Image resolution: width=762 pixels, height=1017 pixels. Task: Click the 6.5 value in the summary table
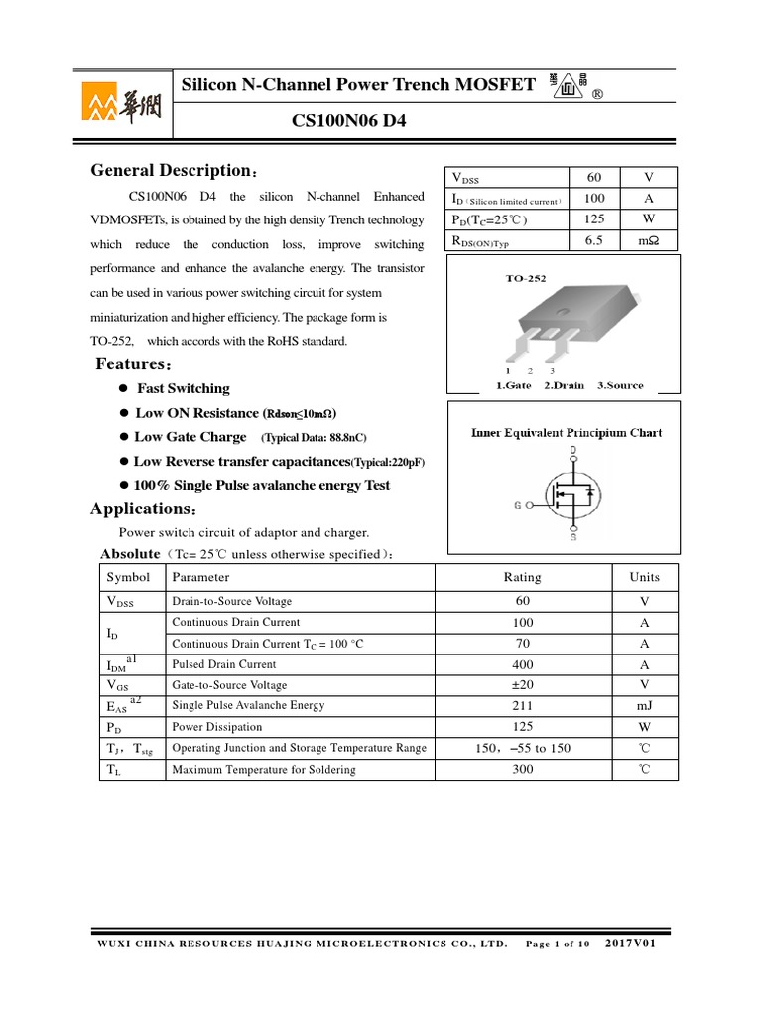click(x=595, y=239)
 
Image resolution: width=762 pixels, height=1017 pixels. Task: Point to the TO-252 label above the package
click(x=526, y=280)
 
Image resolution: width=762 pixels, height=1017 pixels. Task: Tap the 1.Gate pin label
click(x=513, y=385)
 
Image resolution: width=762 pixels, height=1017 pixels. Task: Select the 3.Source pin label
click(x=620, y=385)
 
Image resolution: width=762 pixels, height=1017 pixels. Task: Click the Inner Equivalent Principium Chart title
click(x=566, y=432)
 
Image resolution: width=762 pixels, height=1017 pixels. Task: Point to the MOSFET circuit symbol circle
click(x=571, y=494)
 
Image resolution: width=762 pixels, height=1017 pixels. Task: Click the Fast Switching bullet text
click(x=183, y=388)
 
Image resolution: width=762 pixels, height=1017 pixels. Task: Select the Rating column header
click(x=523, y=577)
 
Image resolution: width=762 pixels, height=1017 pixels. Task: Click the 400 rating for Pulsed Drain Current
click(x=523, y=664)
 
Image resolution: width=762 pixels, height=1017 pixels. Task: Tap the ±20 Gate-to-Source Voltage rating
click(x=523, y=685)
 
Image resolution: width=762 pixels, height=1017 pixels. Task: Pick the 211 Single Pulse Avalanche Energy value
click(x=523, y=706)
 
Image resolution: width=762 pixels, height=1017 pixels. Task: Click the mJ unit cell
click(x=644, y=706)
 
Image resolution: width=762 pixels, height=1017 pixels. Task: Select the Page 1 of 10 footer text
click(x=558, y=944)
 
